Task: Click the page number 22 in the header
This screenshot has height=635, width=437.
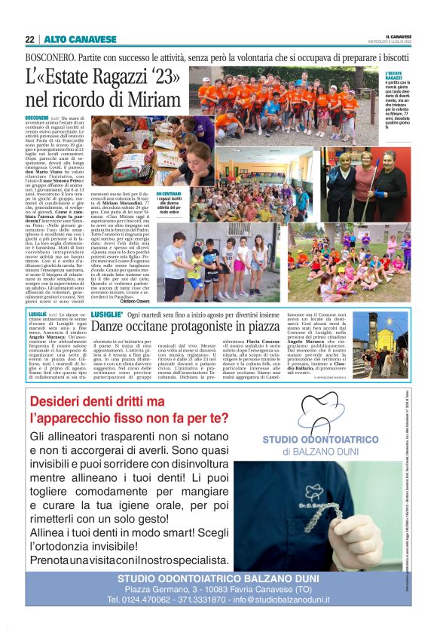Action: point(29,39)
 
